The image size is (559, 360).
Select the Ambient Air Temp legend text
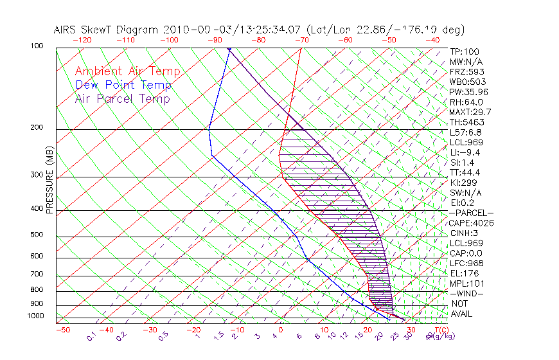(127, 71)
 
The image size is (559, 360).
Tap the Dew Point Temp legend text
(123, 85)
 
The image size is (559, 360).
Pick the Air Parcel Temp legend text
(122, 98)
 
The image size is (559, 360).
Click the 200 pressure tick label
(37, 127)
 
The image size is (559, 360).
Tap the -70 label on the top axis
(301, 40)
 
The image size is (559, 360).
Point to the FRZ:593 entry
(466, 71)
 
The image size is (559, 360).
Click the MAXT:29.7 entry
(470, 112)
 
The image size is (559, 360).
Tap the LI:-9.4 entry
(465, 152)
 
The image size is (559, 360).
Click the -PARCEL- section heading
(471, 213)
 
